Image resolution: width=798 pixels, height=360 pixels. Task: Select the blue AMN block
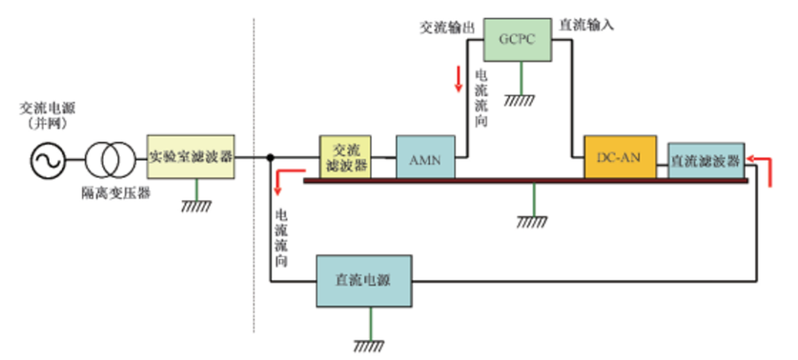pyautogui.click(x=425, y=157)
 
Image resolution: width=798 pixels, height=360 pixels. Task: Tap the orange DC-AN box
pyautogui.click(x=619, y=157)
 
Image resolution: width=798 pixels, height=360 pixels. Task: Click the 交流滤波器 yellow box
pyautogui.click(x=345, y=157)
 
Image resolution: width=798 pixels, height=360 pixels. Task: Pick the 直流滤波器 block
pyautogui.click(x=706, y=160)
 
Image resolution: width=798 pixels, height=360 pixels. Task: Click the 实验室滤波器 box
pyautogui.click(x=191, y=157)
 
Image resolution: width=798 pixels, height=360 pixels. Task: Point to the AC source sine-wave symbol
pyautogui.click(x=48, y=157)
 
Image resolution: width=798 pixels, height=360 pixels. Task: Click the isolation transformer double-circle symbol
pyautogui.click(x=109, y=157)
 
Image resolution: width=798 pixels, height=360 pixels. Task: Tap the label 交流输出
pyautogui.click(x=446, y=27)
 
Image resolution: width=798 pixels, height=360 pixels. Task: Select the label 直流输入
pyautogui.click(x=587, y=24)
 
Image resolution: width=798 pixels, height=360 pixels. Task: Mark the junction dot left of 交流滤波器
pyautogui.click(x=271, y=157)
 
